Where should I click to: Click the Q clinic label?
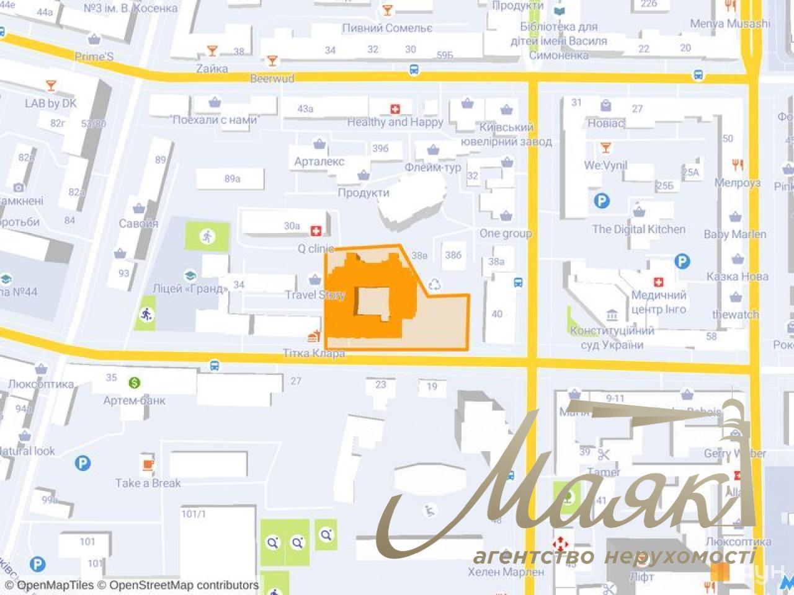click(316, 249)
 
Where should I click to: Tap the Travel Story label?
click(314, 295)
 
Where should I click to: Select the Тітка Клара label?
click(314, 353)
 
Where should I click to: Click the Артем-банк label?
click(134, 400)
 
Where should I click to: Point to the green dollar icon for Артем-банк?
click(134, 382)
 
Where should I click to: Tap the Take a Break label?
click(148, 483)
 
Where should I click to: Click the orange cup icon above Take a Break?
click(147, 464)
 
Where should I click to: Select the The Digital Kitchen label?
click(638, 229)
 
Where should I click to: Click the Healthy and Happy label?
click(395, 122)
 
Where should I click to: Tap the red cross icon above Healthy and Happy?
click(395, 109)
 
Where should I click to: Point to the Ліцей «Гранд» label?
click(189, 288)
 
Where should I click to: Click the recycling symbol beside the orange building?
click(435, 284)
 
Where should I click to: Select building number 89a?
click(232, 178)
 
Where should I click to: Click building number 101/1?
click(193, 514)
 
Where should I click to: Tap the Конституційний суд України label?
click(612, 338)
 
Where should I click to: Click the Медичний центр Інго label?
click(658, 302)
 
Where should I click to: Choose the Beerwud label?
click(272, 79)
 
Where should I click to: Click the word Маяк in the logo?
click(558, 490)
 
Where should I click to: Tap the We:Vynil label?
click(605, 165)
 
